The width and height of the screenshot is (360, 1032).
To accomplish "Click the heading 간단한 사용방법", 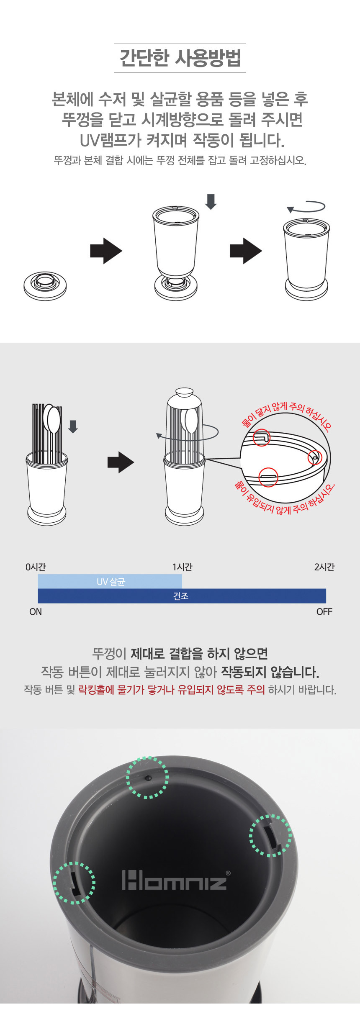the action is click(180, 58).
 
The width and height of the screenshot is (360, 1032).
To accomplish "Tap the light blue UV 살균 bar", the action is click(110, 581).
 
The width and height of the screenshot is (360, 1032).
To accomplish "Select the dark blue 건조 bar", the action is click(182, 596).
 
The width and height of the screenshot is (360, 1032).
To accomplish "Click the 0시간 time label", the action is click(36, 567).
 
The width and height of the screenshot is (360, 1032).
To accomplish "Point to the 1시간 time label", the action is click(183, 567).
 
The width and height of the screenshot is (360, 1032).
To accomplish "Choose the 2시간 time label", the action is click(324, 567).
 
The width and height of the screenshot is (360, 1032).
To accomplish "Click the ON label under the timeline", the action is click(36, 612).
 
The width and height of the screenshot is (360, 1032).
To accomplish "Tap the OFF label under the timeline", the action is click(324, 612).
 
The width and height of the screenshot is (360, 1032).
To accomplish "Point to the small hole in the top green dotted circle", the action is click(148, 778).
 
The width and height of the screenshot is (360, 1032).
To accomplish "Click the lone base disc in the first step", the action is click(45, 285).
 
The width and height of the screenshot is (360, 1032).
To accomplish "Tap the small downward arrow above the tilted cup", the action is click(211, 201).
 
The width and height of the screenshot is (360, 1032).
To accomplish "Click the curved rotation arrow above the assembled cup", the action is click(306, 207).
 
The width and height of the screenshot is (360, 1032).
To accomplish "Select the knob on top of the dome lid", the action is click(185, 393).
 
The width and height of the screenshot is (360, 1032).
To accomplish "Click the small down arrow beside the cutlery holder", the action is click(73, 426).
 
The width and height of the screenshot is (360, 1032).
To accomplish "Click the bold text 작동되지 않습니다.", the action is click(270, 672).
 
